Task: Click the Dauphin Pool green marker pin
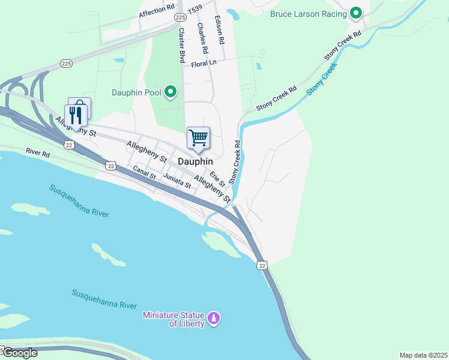coord(171,92)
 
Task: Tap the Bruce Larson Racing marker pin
coord(356,13)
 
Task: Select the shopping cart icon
coord(198,138)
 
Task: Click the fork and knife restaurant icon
coord(75,115)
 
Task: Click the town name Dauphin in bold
coord(196,161)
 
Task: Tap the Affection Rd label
coord(156,13)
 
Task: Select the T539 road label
coord(195,11)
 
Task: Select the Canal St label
coord(145,173)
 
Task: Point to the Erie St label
coord(217,178)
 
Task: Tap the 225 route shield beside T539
coord(181,18)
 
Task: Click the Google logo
coord(19,353)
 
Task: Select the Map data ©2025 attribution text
coord(423,355)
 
